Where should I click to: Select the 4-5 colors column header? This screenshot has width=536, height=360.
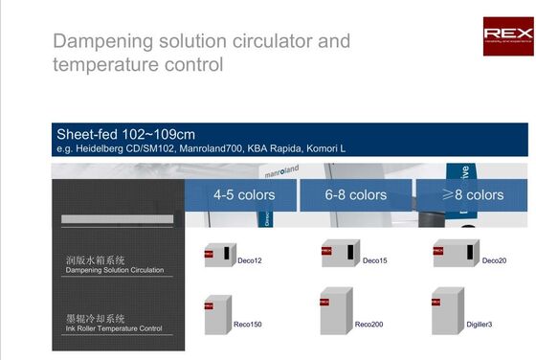click(x=243, y=194)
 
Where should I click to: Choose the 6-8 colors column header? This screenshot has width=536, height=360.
click(x=355, y=194)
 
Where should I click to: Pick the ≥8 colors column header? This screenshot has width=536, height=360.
click(x=472, y=194)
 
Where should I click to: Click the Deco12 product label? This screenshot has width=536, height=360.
click(x=250, y=260)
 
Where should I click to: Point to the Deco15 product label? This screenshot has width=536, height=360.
click(x=375, y=260)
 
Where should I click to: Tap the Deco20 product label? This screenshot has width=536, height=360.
click(x=494, y=260)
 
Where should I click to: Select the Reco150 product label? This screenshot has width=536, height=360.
click(x=248, y=325)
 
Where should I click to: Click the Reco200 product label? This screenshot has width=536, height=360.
click(x=368, y=325)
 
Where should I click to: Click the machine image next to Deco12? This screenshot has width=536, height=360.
click(x=219, y=254)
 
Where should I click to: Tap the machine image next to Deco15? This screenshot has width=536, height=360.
click(x=339, y=253)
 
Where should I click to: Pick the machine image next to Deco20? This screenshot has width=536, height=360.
click(x=452, y=253)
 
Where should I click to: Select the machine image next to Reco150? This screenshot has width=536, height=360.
click(x=216, y=314)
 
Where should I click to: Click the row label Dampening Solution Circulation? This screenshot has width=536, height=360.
click(x=114, y=270)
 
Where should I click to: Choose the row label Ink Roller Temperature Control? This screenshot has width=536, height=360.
click(x=113, y=328)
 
